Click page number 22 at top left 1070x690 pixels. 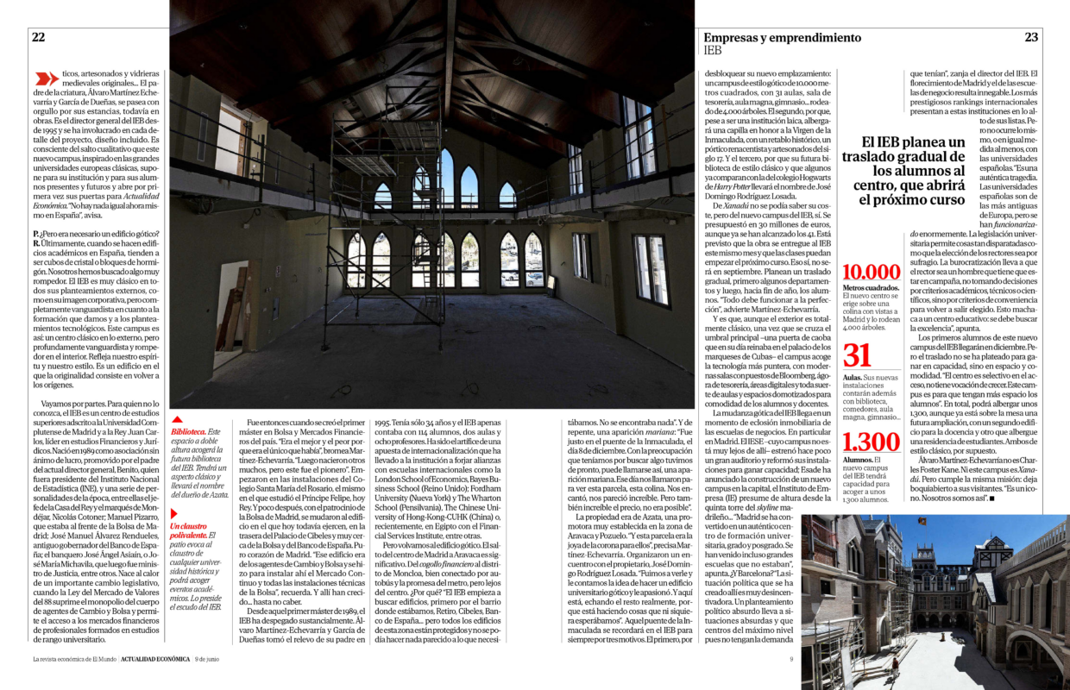39,37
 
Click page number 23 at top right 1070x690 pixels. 1031,37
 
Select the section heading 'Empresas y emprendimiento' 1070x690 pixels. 782,38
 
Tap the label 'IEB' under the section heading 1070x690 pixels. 713,51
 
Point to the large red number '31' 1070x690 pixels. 857,356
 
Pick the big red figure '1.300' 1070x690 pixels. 870,442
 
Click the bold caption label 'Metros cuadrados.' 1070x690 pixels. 871,288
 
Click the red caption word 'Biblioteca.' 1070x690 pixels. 189,430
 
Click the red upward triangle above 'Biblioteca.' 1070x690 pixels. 176,419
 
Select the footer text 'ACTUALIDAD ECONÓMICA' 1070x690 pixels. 144,659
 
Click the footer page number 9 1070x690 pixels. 790,659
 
